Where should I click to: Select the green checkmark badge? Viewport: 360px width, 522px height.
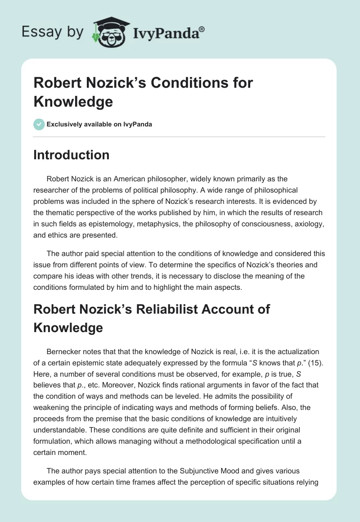(x=39, y=124)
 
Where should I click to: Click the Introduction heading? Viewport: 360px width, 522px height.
(x=72, y=155)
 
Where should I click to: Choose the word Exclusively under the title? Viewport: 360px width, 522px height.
(x=63, y=124)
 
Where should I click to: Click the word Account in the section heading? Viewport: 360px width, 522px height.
(x=222, y=309)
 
